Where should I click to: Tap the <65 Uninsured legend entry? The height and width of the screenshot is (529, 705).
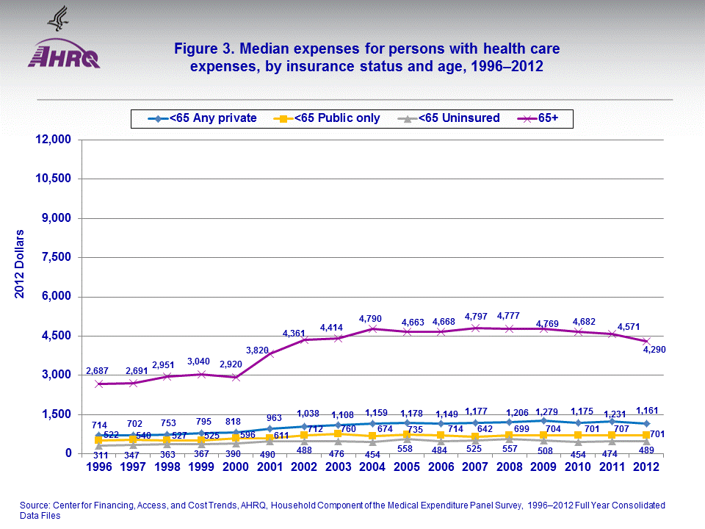pos(450,118)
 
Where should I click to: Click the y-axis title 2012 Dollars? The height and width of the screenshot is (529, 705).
pos(20,264)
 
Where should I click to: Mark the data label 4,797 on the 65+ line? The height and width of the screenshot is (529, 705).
pos(474,317)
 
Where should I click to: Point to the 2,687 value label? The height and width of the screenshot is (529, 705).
pos(98,370)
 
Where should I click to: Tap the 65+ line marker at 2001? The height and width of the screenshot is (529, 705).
pos(270,353)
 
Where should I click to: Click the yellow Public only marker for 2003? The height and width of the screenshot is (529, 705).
pos(338,434)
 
